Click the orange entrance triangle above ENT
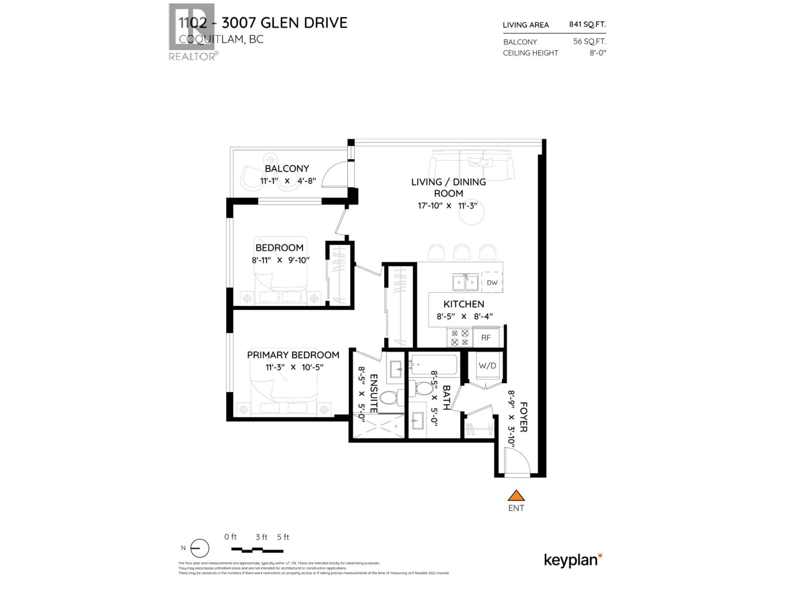coord(516,496)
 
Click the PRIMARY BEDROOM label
coord(293,355)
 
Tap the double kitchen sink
coord(465,283)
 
